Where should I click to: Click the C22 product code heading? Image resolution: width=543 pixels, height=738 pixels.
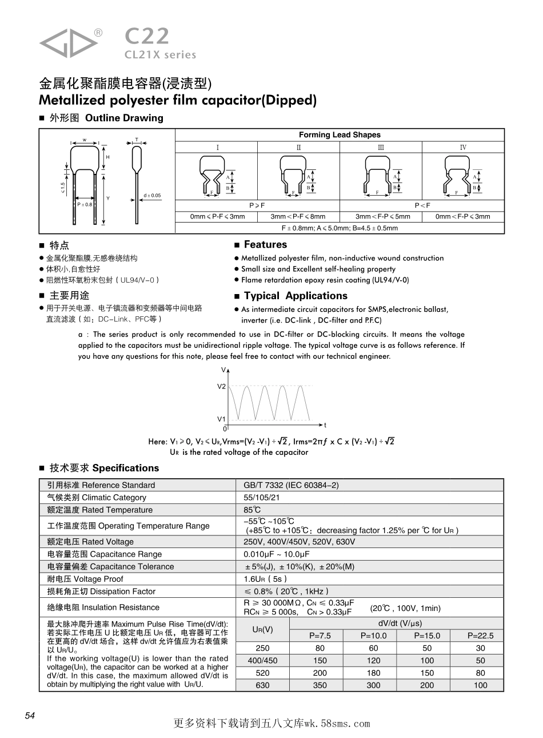point(147,37)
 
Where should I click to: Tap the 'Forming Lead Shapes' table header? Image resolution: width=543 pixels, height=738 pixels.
point(340,135)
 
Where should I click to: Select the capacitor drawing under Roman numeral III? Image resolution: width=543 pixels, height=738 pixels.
point(381,174)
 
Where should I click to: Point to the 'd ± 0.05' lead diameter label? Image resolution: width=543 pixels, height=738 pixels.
point(152,196)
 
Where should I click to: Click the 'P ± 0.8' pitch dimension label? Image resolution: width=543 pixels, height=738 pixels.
point(85,204)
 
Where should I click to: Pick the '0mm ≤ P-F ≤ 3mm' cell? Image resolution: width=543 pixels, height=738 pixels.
point(217,217)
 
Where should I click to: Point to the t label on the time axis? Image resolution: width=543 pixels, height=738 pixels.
point(325,425)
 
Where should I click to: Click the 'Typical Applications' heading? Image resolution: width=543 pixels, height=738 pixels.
point(296,296)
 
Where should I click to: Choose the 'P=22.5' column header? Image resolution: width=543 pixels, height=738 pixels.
point(480,636)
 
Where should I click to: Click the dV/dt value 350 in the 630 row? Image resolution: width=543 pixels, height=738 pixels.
point(320,685)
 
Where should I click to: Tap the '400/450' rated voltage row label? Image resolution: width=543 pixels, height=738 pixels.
point(262,661)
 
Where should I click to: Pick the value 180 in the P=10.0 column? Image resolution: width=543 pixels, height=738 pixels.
point(373,673)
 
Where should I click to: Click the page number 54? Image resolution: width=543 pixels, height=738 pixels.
point(30,716)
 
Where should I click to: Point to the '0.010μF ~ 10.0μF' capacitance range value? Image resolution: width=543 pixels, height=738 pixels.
point(277,554)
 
